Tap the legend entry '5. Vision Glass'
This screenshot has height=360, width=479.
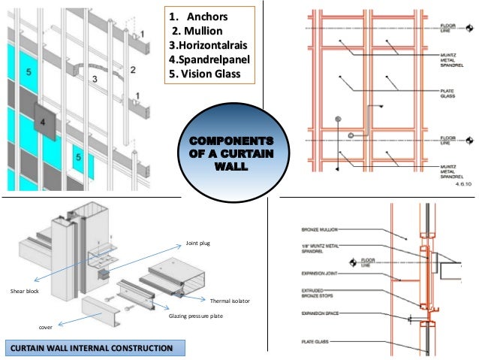(204, 74)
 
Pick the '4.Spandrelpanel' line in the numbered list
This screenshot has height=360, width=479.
(209, 59)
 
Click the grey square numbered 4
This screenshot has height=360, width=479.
(44, 119)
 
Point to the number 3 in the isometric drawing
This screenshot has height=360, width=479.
(95, 78)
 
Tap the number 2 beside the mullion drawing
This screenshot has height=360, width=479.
(133, 70)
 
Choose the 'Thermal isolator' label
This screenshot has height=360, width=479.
(229, 300)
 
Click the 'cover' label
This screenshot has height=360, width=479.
(47, 328)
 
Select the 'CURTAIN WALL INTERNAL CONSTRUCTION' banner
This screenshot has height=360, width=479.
(89, 348)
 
